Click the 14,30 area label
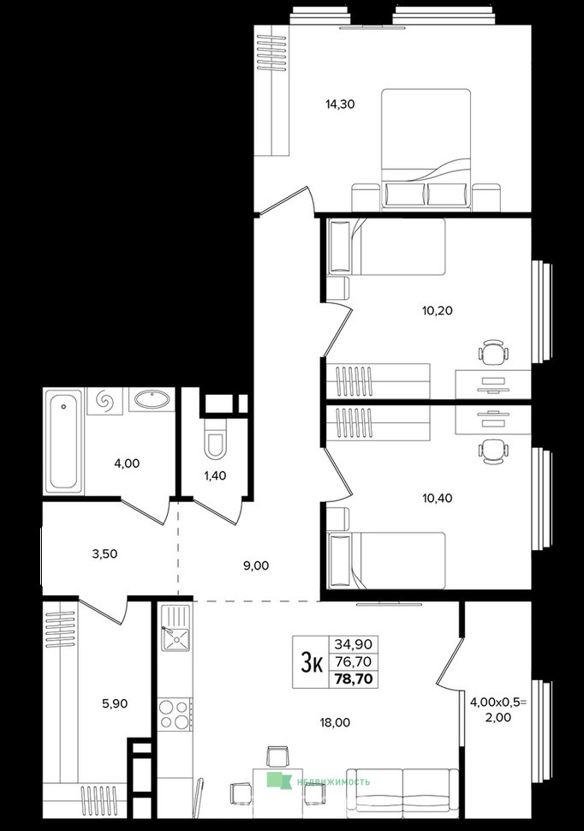(x=340, y=105)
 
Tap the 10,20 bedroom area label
(x=438, y=311)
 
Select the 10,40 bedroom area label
(x=438, y=499)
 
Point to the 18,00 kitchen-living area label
(x=335, y=722)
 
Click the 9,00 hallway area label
(x=256, y=566)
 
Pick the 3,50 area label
(x=105, y=553)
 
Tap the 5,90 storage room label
(x=115, y=704)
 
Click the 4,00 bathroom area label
(x=128, y=463)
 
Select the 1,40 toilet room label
(x=215, y=476)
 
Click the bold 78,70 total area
(x=354, y=679)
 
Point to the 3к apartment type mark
(x=312, y=662)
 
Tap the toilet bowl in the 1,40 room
(x=215, y=439)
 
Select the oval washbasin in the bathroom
(x=152, y=399)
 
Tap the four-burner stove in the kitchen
(x=175, y=714)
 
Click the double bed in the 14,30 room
(x=426, y=148)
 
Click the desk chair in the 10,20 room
(x=494, y=352)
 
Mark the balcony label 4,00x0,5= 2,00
(x=498, y=709)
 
